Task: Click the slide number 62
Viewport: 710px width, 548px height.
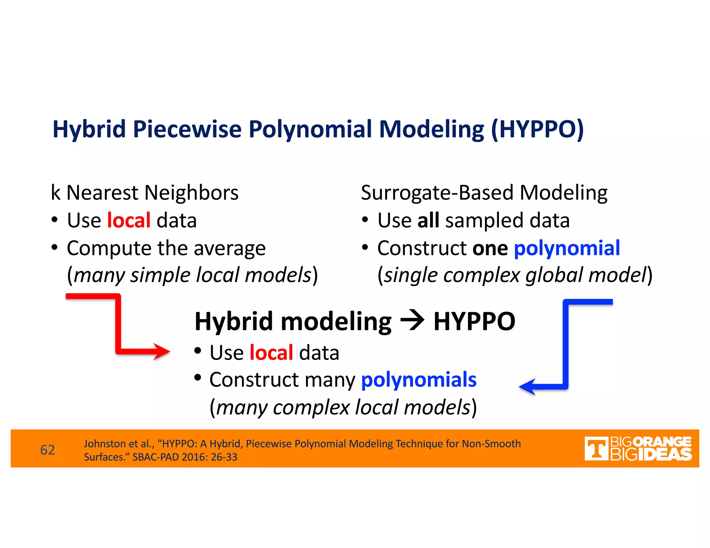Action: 47,450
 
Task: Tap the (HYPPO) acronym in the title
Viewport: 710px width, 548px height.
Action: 537,129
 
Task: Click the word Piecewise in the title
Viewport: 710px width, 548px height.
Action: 187,129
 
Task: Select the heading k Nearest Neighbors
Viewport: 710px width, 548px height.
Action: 145,193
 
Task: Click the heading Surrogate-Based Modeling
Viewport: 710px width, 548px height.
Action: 484,193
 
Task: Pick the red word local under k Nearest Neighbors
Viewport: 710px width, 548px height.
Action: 129,220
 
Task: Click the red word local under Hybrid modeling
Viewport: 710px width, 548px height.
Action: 271,353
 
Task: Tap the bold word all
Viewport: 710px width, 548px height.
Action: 428,220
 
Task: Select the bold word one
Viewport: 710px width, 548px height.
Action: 490,248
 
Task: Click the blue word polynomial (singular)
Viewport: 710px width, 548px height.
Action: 567,248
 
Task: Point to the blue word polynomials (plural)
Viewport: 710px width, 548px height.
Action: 419,380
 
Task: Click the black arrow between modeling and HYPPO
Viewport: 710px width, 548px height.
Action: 412,320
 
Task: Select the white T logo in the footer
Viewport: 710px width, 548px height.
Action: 596,449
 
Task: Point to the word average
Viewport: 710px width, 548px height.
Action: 230,249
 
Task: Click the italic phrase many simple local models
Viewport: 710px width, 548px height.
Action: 193,275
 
